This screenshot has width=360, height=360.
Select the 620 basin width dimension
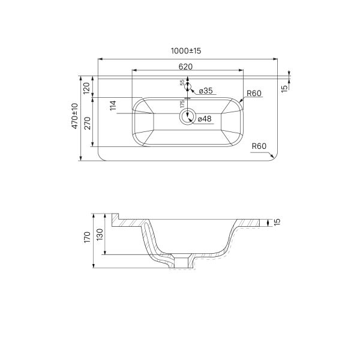(x=185, y=67)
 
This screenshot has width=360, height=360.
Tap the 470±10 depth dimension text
(x=75, y=117)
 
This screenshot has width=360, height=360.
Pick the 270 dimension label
(x=86, y=122)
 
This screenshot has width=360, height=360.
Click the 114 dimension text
(x=113, y=106)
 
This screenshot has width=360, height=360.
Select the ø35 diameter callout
(x=205, y=91)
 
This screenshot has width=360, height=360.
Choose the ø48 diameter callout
(x=205, y=119)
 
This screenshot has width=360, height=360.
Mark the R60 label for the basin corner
(x=254, y=93)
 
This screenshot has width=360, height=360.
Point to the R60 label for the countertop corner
(x=259, y=146)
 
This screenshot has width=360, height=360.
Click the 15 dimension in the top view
(x=284, y=88)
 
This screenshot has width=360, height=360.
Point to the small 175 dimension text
(x=182, y=104)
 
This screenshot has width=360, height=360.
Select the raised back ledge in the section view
(x=115, y=217)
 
